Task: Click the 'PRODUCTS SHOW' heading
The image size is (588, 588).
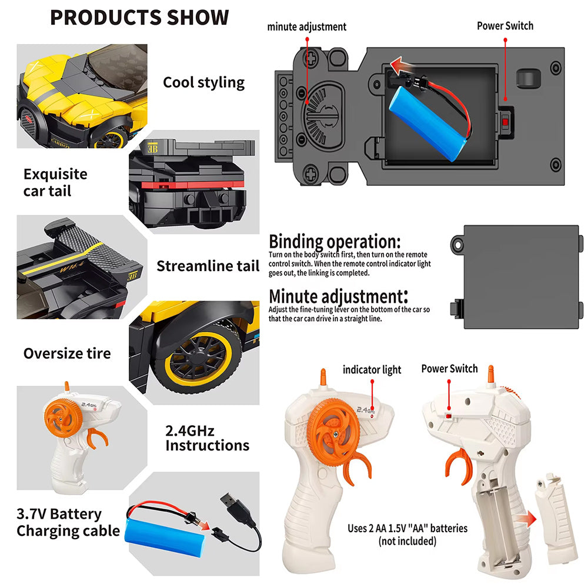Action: [139, 17]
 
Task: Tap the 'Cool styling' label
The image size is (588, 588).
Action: [203, 82]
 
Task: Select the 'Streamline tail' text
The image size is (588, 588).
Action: [208, 266]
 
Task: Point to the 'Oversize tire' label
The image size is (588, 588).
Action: [67, 353]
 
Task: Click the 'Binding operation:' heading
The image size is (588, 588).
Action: [335, 242]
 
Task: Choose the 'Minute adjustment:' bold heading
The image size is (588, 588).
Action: [338, 296]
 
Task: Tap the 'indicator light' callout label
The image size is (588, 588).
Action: [372, 370]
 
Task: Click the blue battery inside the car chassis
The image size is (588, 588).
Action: [428, 123]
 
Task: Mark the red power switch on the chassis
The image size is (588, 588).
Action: [505, 122]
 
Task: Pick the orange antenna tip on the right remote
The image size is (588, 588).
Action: [490, 374]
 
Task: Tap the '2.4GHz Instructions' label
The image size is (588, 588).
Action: [207, 438]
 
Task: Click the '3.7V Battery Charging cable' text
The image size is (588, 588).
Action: [68, 522]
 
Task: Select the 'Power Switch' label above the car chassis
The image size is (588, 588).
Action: [505, 26]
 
